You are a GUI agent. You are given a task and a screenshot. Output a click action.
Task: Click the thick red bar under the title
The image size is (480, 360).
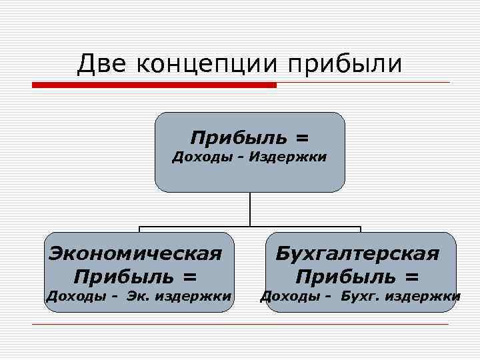tap(154, 85)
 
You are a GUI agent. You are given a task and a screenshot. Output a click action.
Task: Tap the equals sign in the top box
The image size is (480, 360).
tap(303, 138)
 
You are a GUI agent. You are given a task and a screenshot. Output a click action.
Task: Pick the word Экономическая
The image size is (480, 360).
tap(136, 253)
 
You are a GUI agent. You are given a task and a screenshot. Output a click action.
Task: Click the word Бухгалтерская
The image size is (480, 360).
tap(358, 253)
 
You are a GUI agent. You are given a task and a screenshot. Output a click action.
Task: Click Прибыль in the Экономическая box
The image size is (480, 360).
tap(123, 275)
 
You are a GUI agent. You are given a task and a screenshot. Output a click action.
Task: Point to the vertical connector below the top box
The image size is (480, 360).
tap(250, 209)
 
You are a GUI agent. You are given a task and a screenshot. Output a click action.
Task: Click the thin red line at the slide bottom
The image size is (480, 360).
tap(240, 325)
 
